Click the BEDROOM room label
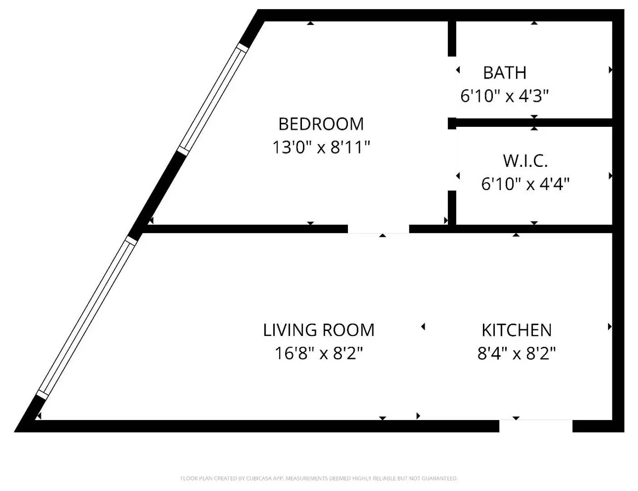(321, 124)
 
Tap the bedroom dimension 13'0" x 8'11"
(321, 147)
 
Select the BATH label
(505, 73)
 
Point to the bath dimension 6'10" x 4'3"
(505, 96)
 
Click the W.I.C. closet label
(525, 160)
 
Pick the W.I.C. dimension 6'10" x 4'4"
(525, 184)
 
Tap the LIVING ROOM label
(319, 330)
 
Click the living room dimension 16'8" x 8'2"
(319, 353)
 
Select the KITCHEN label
(517, 330)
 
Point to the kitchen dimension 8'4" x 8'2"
(517, 353)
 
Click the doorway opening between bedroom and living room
(378, 229)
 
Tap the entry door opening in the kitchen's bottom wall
(536, 426)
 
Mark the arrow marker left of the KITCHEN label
(423, 326)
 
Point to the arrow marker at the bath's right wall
(610, 70)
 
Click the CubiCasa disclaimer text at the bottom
(319, 478)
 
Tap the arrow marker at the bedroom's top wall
(310, 23)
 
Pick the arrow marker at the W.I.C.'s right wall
(610, 176)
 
